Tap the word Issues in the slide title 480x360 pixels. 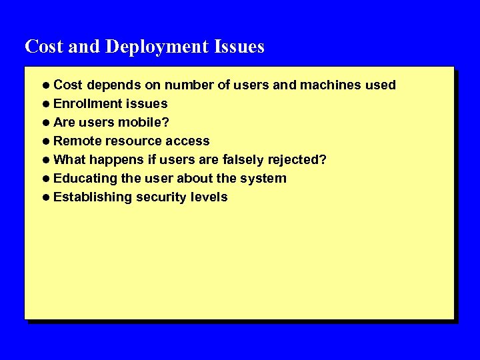239,47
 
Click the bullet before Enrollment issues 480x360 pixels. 46,104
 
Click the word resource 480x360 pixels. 132,141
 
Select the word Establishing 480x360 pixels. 93,197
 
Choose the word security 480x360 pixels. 161,197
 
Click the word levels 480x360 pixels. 209,197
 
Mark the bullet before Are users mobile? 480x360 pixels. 46,123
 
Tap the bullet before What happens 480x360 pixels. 46,160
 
